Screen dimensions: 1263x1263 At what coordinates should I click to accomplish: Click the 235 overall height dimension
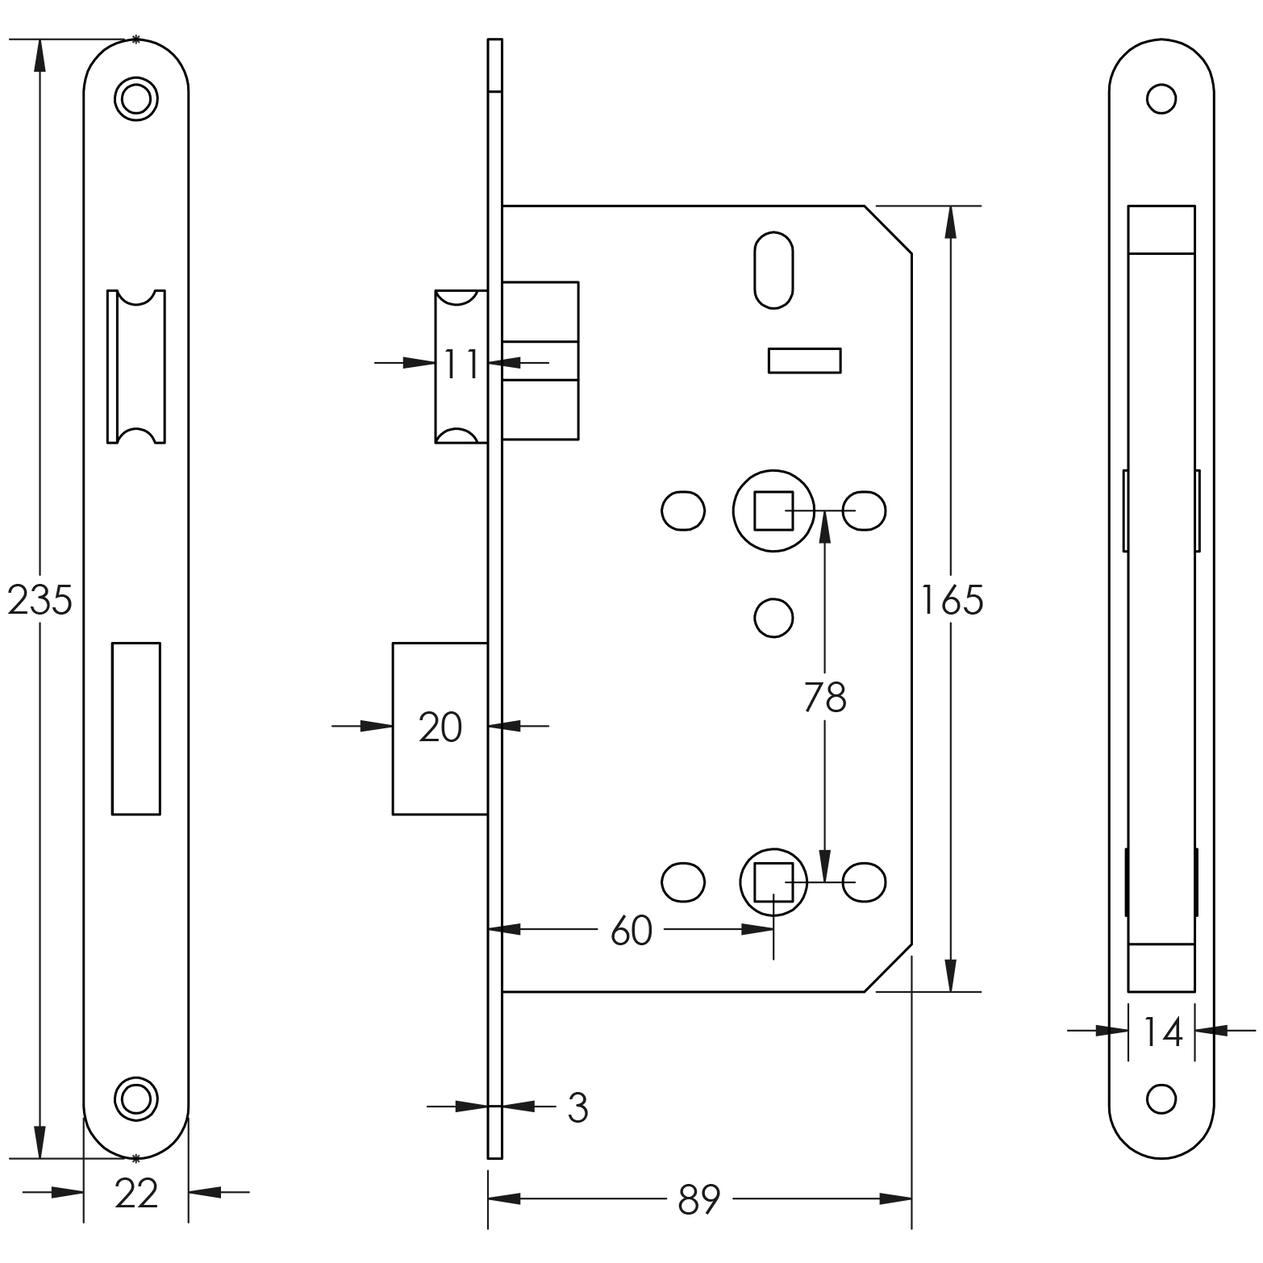coord(40,601)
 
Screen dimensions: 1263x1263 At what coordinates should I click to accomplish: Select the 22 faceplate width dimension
coord(136,1193)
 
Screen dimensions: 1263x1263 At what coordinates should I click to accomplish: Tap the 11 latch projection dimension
coord(461,364)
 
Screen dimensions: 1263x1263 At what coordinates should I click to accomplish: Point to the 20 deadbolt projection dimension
coord(440,727)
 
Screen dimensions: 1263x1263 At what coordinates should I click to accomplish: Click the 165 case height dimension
coord(952,601)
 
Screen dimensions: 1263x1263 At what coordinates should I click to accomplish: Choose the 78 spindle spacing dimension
coord(825,698)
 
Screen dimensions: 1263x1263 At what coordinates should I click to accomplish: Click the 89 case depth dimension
coord(698,1200)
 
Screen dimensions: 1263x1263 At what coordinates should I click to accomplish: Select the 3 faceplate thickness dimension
coord(577,1109)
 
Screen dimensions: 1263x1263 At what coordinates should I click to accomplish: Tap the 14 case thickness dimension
coord(1162,1032)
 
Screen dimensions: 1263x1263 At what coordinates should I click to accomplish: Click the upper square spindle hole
coord(773,511)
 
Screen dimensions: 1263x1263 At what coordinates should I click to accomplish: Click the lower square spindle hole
coord(773,882)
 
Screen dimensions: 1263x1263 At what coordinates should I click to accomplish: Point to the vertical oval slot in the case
coord(773,270)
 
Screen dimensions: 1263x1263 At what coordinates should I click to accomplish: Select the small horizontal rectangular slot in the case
coord(804,361)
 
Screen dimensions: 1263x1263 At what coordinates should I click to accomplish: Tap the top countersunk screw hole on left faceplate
coord(135,99)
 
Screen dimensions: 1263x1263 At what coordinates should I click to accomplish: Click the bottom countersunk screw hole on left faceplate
coord(135,1098)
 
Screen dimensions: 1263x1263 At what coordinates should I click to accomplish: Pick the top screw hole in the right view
coord(1161,99)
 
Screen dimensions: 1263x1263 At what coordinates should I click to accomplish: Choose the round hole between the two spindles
coord(773,619)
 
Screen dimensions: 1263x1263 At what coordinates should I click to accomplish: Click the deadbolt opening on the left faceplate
coord(135,728)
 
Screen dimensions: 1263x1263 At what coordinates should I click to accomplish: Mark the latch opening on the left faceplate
coord(135,366)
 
